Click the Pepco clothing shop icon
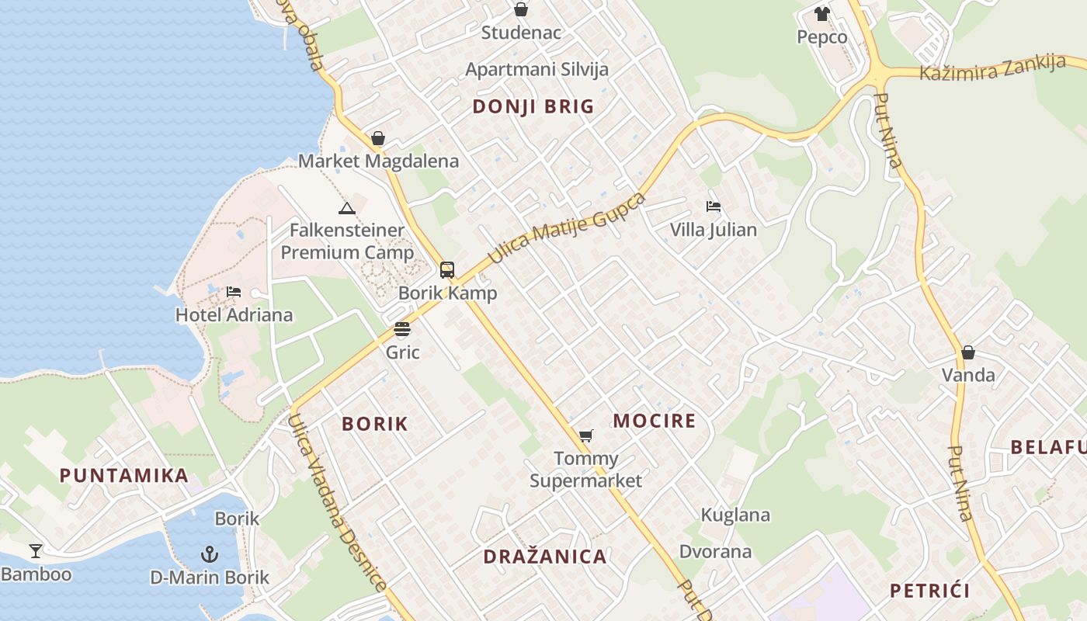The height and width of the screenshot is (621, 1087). tap(822, 14)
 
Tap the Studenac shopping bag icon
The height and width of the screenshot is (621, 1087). tap(521, 10)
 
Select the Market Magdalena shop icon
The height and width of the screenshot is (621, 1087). tap(378, 139)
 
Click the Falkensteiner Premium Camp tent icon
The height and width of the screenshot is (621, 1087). tap(347, 208)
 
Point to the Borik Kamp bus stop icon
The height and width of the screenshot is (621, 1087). tap(447, 270)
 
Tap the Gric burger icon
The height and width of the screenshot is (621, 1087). tap(402, 329)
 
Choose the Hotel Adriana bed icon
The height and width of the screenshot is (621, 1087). tap(234, 293)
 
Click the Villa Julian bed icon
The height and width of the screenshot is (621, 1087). tap(714, 206)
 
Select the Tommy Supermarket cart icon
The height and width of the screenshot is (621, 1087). tap(586, 436)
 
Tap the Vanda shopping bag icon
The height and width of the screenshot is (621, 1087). tap(968, 352)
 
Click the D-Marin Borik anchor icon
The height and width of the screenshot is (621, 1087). tap(209, 554)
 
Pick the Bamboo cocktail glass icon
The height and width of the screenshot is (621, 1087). tap(36, 551)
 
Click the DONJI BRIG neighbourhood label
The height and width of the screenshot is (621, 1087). tap(533, 107)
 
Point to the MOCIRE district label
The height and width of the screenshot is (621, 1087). tap(655, 422)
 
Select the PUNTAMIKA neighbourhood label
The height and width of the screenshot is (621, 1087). tap(124, 476)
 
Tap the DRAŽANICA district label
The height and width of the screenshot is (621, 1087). tap(545, 557)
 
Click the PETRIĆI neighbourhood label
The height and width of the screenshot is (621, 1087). tap(930, 591)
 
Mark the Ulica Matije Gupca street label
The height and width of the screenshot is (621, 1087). tap(567, 228)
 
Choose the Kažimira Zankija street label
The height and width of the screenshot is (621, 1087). tap(992, 68)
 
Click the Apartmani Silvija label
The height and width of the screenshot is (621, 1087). tap(537, 69)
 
